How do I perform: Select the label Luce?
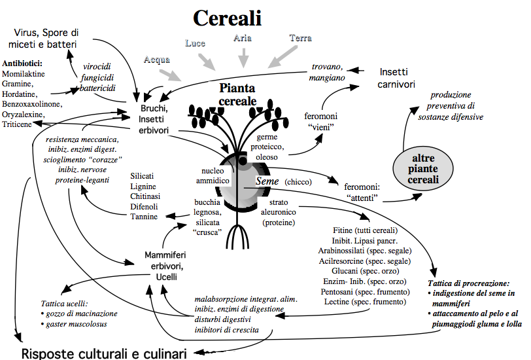click(195, 43)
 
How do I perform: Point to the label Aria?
click(243, 39)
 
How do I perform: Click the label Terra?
click(300, 39)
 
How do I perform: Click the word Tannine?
click(145, 217)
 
